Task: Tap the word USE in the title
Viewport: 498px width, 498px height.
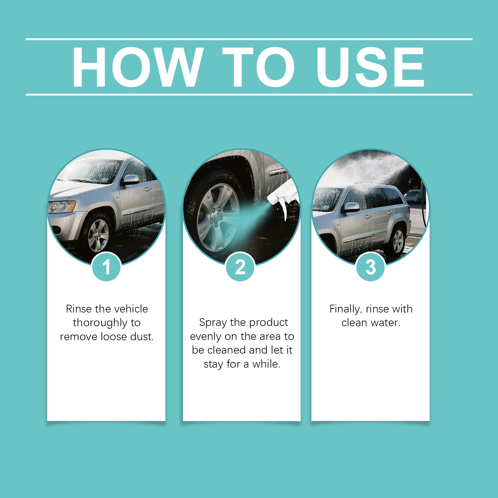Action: click(x=370, y=67)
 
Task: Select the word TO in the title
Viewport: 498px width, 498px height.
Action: click(x=258, y=67)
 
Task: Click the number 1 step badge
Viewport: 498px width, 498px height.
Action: click(x=106, y=267)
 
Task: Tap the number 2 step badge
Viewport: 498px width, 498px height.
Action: click(x=240, y=267)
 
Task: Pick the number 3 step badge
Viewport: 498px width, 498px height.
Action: click(x=371, y=267)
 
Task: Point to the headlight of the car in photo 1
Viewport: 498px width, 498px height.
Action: click(x=62, y=206)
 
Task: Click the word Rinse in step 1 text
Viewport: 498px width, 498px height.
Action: click(x=79, y=309)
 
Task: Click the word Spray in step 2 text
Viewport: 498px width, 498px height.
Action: click(x=213, y=322)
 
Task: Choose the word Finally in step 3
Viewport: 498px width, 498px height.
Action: click(x=345, y=309)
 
